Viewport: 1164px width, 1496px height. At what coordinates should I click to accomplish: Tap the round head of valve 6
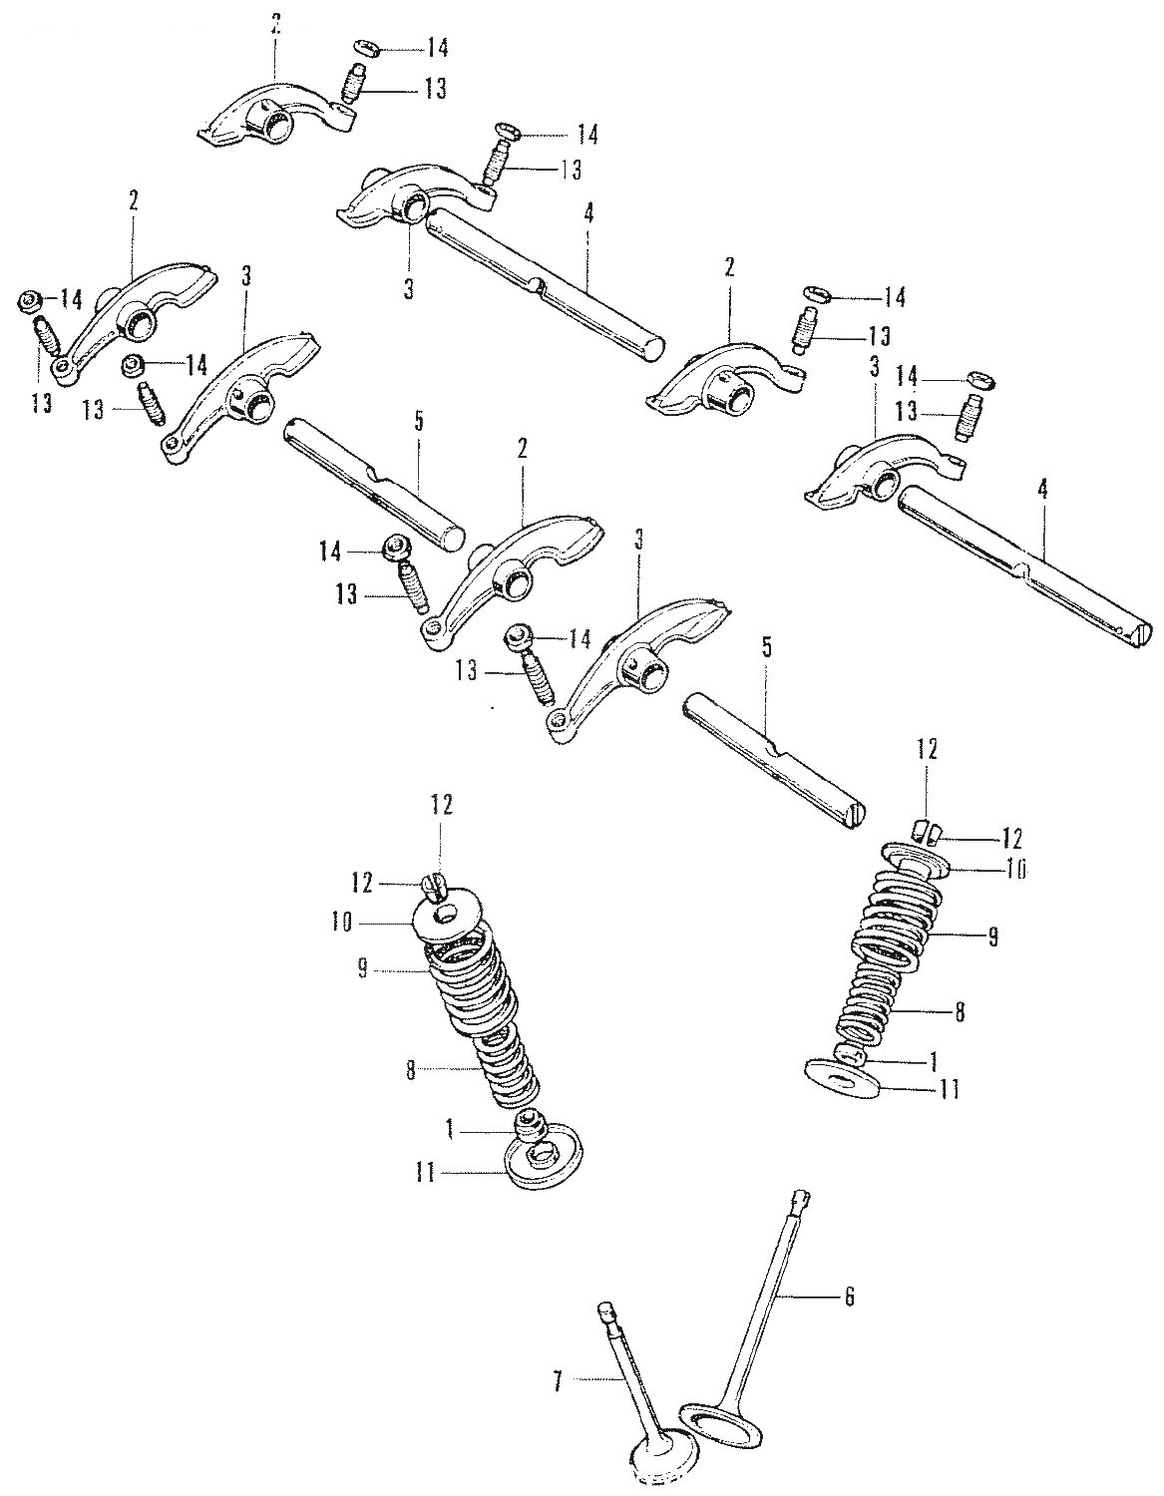720,1429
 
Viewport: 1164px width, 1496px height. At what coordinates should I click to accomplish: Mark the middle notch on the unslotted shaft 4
539,283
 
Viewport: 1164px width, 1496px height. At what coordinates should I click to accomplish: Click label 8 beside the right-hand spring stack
958,1011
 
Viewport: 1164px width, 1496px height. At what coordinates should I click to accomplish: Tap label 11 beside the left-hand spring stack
425,1173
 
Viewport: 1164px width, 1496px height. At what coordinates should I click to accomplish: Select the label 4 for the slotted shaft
1042,491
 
